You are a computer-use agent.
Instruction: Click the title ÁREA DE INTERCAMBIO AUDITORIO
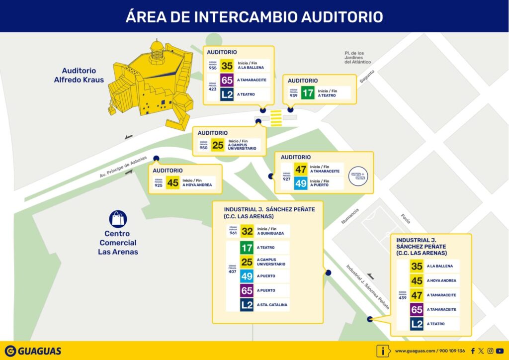click(254, 16)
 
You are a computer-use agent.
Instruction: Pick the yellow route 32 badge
click(247, 231)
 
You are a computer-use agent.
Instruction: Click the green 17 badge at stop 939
click(308, 93)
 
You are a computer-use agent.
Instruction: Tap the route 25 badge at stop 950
click(218, 145)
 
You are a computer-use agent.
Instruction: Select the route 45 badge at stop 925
click(172, 182)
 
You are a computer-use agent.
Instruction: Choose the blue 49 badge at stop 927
click(301, 183)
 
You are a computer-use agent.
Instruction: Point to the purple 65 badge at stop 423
click(227, 80)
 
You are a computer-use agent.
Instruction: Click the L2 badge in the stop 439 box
click(417, 324)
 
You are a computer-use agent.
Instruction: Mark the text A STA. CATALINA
click(272, 305)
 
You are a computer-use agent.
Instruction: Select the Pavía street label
click(406, 218)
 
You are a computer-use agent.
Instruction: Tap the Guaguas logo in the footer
click(33, 351)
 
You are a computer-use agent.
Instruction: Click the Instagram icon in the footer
click(490, 351)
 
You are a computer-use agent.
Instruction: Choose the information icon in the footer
click(383, 351)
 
